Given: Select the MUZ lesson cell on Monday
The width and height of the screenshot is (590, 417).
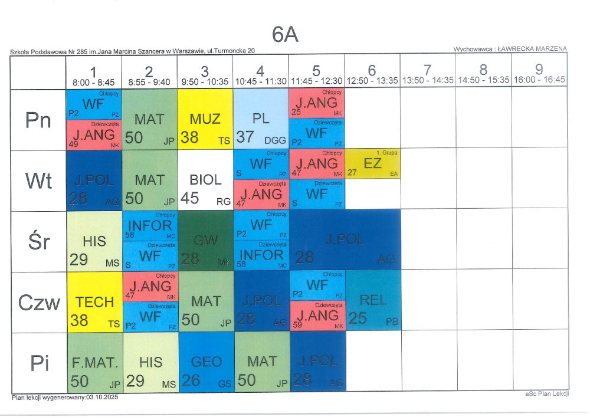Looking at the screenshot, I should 205,120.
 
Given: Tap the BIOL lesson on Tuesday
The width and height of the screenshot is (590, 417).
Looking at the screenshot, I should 205,180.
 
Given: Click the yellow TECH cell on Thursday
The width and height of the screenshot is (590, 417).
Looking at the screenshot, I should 95,302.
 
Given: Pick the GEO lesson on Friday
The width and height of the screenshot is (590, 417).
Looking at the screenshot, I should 206,362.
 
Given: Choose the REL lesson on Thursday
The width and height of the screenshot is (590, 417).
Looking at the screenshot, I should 373,300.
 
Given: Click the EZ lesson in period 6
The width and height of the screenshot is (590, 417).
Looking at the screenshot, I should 373,163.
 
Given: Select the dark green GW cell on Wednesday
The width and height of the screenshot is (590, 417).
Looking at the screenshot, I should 206,241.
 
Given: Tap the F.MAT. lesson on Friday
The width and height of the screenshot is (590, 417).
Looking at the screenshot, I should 95,362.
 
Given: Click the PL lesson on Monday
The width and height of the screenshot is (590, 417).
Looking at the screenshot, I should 261,120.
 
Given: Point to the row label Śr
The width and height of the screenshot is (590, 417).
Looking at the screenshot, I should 39,241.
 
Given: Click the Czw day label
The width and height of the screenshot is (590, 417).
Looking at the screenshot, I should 39,303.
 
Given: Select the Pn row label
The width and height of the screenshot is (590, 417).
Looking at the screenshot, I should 39,120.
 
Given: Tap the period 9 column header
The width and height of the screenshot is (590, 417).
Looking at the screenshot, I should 539,71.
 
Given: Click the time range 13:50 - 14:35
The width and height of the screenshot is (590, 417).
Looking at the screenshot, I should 428,80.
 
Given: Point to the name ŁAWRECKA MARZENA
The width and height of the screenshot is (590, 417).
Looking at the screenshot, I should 532,49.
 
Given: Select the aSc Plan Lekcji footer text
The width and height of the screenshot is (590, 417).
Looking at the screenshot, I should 546,393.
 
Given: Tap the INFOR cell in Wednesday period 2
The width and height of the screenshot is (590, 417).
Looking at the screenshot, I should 150,225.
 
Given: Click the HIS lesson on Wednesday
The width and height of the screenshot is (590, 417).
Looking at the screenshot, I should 95,241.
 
